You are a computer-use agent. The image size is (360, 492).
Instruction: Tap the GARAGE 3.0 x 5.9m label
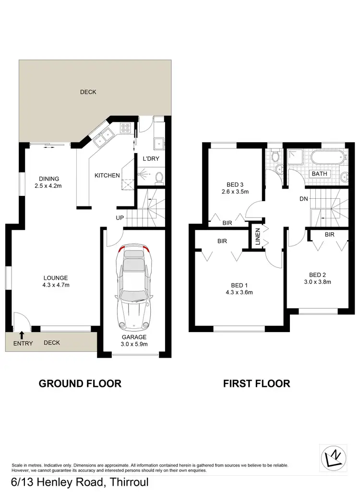[x=134, y=340]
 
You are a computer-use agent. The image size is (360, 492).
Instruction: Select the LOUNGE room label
[x=56, y=281]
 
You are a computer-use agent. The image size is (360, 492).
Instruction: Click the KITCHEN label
[x=107, y=176]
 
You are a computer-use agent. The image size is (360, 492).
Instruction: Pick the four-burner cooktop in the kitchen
[x=126, y=128]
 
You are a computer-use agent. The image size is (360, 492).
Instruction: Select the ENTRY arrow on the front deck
[x=22, y=335]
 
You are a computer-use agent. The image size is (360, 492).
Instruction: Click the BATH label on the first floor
[x=320, y=174]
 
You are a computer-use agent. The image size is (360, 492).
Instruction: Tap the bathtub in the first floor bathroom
[x=327, y=157]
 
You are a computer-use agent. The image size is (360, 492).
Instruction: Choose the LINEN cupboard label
[x=257, y=236]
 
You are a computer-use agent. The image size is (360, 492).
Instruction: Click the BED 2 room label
[x=317, y=278]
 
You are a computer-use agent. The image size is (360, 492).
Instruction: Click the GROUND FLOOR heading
[x=80, y=384]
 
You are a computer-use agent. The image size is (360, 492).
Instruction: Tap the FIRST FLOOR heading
[x=256, y=384]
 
